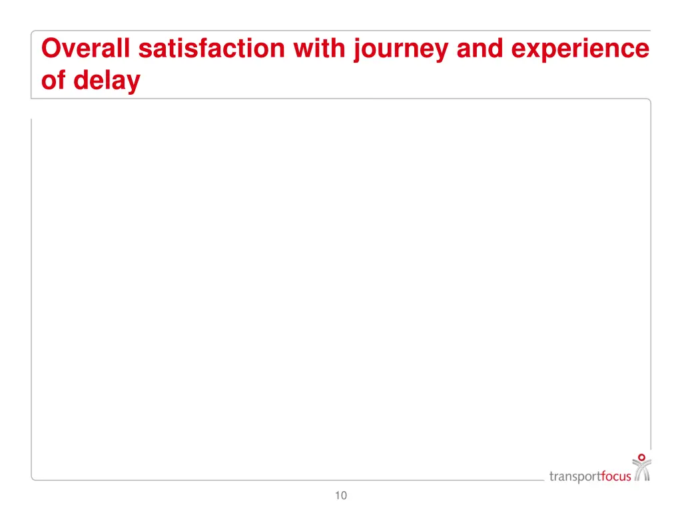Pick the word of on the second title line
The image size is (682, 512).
[53, 81]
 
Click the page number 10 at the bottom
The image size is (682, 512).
[341, 495]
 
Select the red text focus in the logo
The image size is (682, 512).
[616, 476]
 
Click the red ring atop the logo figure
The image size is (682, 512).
[641, 458]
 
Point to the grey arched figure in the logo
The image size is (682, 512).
[641, 472]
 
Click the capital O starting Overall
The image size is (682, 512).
[51, 49]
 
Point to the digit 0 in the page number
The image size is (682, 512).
[344, 495]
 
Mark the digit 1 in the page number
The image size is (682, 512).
[338, 495]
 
